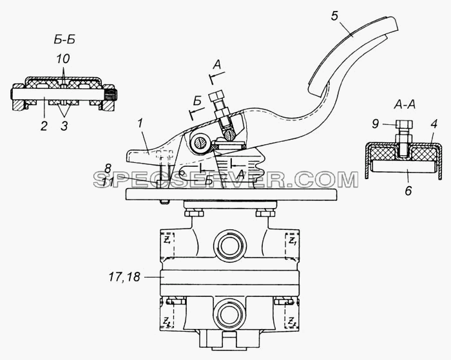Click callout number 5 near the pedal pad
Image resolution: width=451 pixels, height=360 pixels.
click(334, 16)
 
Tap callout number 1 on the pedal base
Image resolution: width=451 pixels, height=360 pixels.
click(140, 124)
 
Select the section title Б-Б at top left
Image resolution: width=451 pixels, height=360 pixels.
click(64, 40)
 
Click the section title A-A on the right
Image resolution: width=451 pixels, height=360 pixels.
click(404, 106)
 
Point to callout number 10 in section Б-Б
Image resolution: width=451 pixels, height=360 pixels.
click(63, 59)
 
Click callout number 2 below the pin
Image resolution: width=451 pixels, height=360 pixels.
click(44, 126)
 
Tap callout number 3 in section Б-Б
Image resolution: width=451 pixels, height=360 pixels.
click(64, 126)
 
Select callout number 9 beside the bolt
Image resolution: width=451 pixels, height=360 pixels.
click(376, 124)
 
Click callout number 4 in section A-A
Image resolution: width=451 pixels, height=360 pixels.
click(434, 124)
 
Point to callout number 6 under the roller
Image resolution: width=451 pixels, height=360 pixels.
click(408, 191)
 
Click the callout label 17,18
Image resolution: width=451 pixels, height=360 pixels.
click(124, 277)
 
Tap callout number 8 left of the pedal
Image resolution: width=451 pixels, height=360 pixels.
click(108, 169)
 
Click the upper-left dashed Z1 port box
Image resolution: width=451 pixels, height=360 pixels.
click(167, 245)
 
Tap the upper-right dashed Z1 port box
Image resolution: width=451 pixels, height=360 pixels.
click(293, 245)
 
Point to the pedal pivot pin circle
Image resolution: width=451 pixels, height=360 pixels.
click(199, 142)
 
